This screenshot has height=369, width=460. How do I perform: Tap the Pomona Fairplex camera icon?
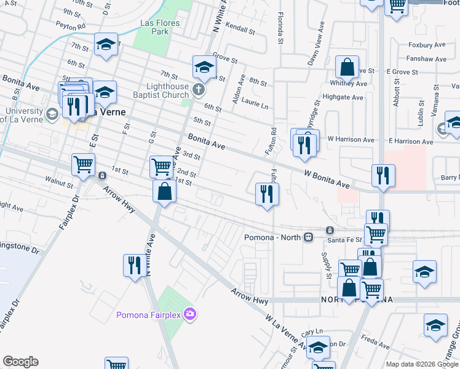[191, 314]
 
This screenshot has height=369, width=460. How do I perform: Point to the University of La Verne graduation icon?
[53, 114]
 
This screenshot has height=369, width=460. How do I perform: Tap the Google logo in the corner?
[20, 362]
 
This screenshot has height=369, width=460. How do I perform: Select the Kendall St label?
[240, 29]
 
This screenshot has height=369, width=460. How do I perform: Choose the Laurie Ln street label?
[255, 105]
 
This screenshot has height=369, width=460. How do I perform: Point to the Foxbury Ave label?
[427, 45]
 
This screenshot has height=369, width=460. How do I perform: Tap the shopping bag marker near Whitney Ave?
[347, 67]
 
